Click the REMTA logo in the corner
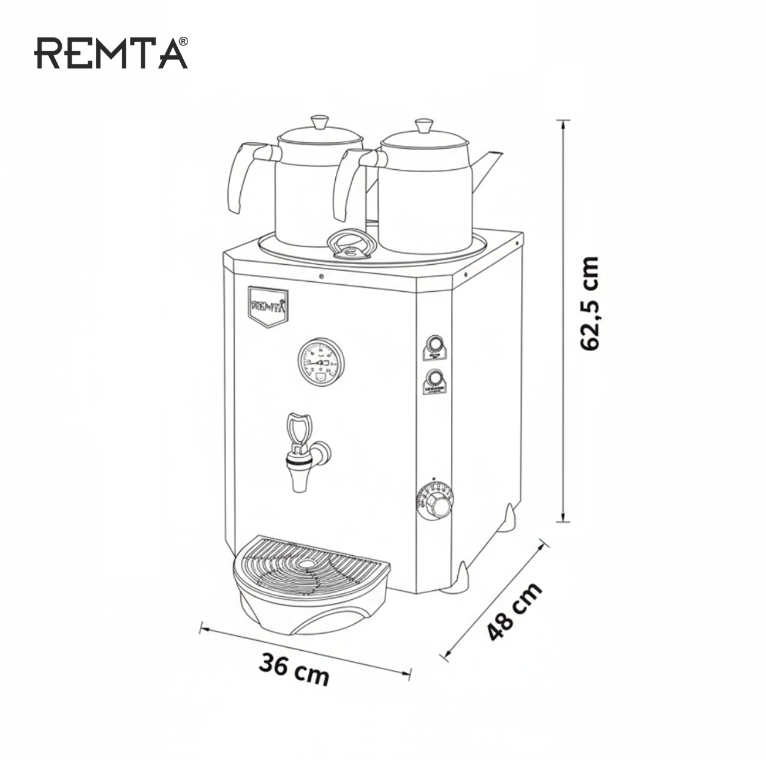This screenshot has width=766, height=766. [111, 53]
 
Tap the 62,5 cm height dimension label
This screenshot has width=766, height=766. [590, 303]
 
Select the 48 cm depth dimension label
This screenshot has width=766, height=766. [514, 611]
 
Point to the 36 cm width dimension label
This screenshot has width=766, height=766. [294, 669]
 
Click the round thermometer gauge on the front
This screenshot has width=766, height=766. [321, 361]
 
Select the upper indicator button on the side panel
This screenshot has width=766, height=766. [434, 343]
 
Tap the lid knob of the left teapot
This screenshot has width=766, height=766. [319, 121]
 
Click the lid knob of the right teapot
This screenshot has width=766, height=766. [423, 126]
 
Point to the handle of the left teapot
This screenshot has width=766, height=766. [241, 175]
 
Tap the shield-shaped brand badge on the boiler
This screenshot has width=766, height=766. [267, 305]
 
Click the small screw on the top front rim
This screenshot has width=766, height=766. [321, 277]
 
